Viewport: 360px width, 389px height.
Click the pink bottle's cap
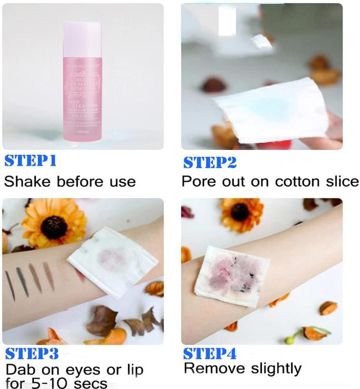[82, 39]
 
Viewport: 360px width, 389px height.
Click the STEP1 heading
[30, 161]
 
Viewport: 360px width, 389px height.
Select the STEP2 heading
[210, 162]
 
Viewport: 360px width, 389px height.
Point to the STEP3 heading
[32, 354]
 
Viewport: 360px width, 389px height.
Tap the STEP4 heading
[210, 354]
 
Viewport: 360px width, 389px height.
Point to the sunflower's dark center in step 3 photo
[54, 227]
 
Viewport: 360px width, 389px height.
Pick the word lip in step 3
[133, 370]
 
